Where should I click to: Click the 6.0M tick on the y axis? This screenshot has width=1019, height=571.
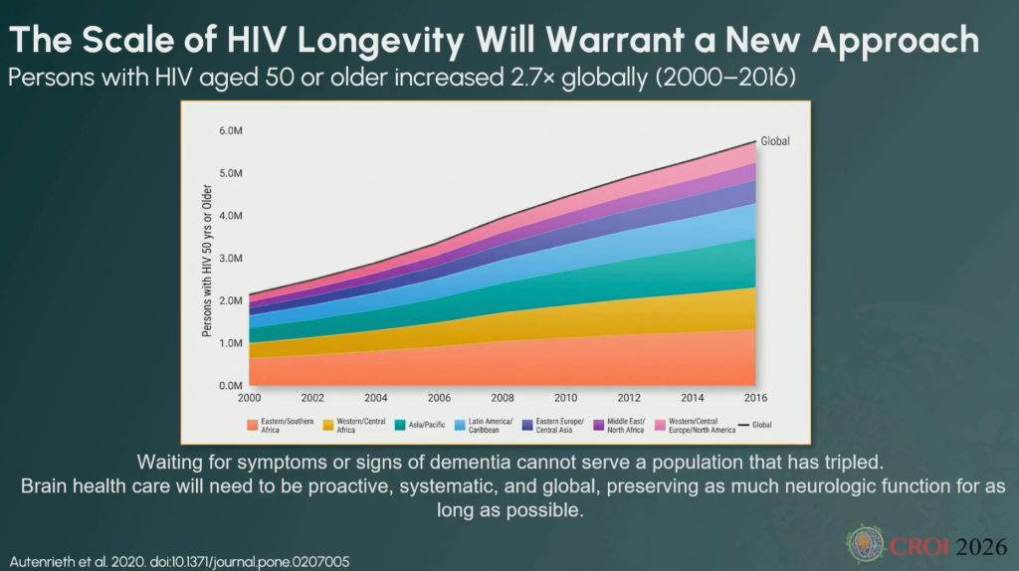[231, 130]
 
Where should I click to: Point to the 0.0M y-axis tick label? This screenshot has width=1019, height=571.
[231, 385]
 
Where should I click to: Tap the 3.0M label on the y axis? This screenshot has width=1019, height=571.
[231, 258]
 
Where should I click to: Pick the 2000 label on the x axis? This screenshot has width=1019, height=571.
[251, 398]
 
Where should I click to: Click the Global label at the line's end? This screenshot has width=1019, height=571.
[775, 141]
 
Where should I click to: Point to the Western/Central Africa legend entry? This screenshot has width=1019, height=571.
[353, 426]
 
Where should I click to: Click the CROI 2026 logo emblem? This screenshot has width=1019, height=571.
[864, 543]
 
